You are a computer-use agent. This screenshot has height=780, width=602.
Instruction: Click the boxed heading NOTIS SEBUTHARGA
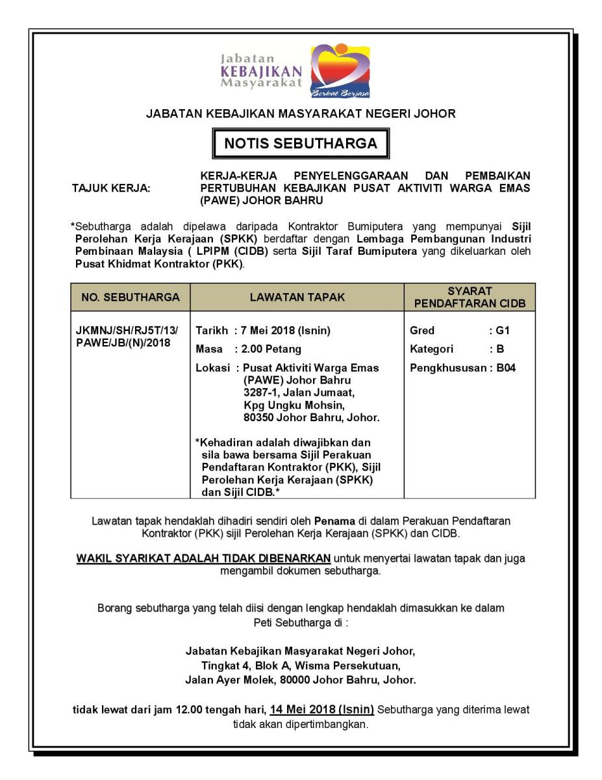pos(301,144)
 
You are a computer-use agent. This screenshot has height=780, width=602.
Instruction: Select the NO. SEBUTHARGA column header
pos(130,297)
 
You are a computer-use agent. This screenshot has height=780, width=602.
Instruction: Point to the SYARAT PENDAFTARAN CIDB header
pos(470,297)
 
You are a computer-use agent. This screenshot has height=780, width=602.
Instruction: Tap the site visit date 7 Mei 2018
pos(269,331)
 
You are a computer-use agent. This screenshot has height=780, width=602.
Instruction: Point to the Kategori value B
pos(501,350)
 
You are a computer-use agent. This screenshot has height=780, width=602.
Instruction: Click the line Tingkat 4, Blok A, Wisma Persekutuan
pos(301,665)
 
